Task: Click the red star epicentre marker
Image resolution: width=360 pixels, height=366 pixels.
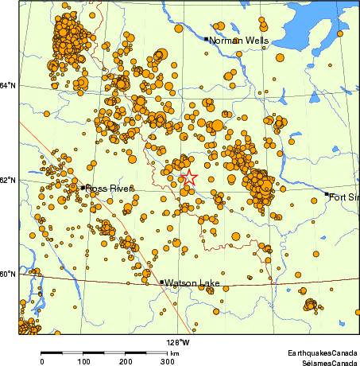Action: click(189, 179)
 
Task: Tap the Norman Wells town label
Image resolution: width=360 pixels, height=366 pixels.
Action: click(238, 40)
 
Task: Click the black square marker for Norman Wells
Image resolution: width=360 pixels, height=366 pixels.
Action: click(206, 38)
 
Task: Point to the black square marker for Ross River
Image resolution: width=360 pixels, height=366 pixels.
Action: click(83, 188)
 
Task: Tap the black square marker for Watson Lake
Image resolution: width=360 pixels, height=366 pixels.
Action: click(162, 282)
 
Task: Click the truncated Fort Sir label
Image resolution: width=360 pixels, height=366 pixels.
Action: click(345, 197)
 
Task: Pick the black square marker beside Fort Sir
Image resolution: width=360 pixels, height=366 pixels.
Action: click(327, 194)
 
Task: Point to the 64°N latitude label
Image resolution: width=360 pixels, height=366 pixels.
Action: click(8, 86)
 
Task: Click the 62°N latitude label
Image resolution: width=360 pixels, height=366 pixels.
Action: click(8, 181)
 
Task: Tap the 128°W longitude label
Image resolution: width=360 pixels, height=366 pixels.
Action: click(178, 343)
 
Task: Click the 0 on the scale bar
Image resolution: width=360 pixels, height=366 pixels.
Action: click(41, 361)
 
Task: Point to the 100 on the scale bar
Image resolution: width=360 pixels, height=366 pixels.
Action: click(83, 361)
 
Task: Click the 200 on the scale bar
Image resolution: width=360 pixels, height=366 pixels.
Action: click(126, 361)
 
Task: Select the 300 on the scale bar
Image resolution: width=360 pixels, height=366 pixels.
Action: click(168, 361)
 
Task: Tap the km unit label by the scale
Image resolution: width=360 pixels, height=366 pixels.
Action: click(174, 352)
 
